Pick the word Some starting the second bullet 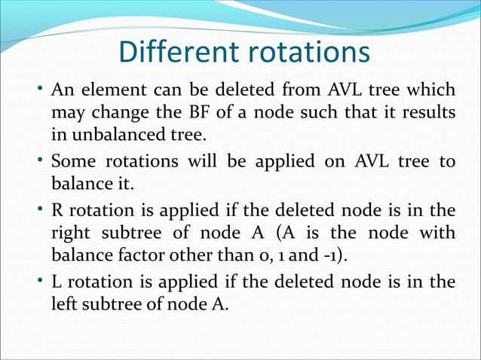click(x=72, y=163)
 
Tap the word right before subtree click(x=69, y=233)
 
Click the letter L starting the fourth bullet click(x=56, y=282)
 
